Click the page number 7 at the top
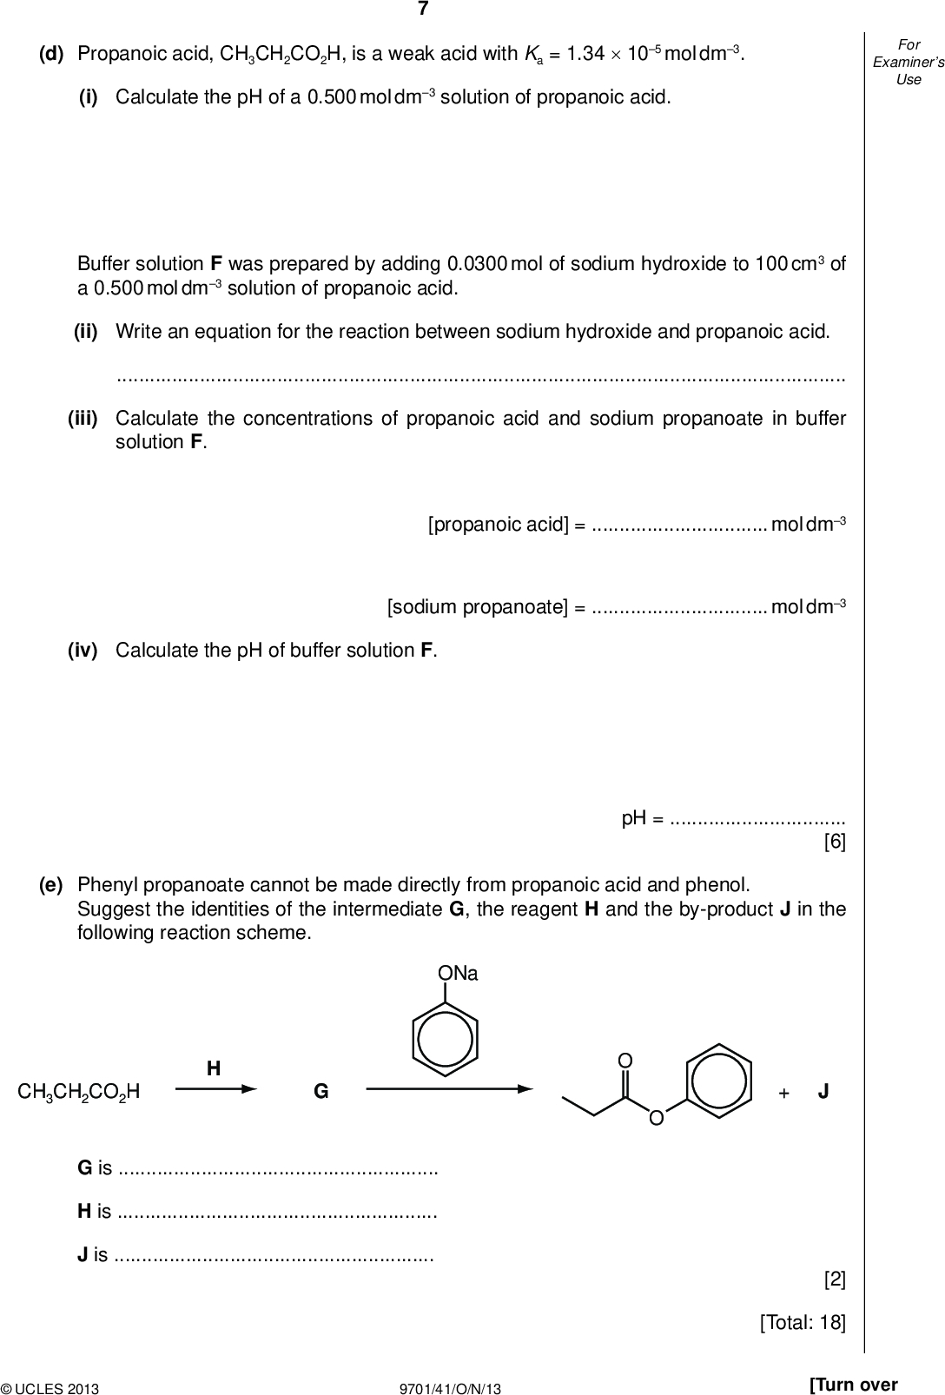(x=423, y=10)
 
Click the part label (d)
(x=51, y=54)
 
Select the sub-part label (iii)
(x=83, y=419)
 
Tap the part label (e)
(x=51, y=885)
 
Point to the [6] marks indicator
(x=834, y=842)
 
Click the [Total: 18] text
(x=802, y=1322)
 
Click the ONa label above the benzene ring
(x=458, y=974)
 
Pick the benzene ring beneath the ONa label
(x=445, y=1039)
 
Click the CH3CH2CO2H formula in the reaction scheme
(x=79, y=1092)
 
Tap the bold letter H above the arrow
(x=213, y=1068)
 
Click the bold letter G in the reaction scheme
(x=321, y=1092)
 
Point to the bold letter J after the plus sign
(x=823, y=1092)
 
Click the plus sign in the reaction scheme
(x=783, y=1093)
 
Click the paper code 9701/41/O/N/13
(x=450, y=1389)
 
